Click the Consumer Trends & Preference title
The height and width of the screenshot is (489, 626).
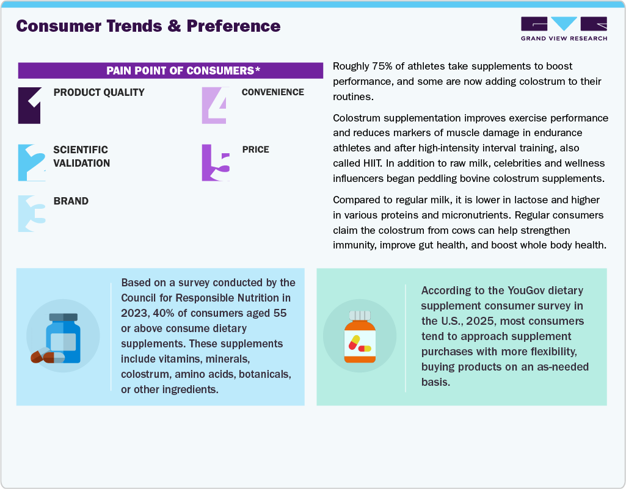click(x=148, y=26)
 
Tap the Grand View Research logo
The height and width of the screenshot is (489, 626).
click(x=564, y=29)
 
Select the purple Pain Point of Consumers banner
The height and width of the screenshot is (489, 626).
click(x=170, y=70)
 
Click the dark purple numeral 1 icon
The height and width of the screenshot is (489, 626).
click(x=30, y=106)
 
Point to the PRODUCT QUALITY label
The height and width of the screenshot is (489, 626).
click(x=99, y=93)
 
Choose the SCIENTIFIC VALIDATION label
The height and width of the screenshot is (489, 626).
click(x=82, y=156)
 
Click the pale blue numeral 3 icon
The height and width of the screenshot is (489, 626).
click(x=31, y=214)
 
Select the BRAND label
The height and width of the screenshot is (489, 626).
click(x=71, y=201)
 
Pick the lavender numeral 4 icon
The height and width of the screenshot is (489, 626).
click(x=214, y=106)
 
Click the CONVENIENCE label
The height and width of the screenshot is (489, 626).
click(x=272, y=92)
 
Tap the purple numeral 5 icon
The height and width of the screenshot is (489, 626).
click(x=216, y=162)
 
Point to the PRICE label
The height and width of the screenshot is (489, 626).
click(x=255, y=150)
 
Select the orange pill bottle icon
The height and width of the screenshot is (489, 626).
click(x=359, y=337)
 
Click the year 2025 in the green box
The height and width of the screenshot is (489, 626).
click(x=498, y=321)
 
